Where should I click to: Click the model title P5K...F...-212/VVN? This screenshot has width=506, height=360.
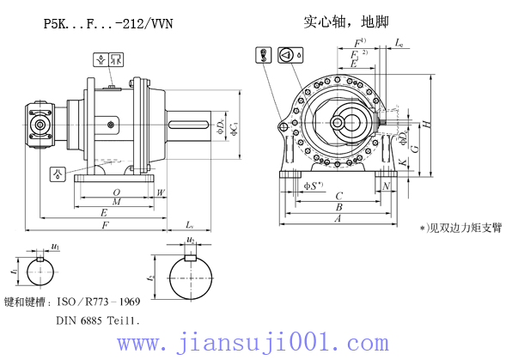click(107, 24)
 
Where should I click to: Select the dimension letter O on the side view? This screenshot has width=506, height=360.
click(116, 192)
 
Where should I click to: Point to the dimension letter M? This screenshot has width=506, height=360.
click(116, 202)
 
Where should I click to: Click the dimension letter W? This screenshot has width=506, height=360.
click(161, 192)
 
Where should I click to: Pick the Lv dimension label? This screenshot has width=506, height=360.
click(189, 224)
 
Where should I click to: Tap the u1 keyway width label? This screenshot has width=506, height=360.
click(55, 247)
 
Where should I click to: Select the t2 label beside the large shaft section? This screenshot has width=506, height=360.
click(151, 279)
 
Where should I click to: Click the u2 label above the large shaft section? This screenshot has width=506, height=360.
click(191, 241)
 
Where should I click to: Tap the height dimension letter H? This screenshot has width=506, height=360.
click(427, 125)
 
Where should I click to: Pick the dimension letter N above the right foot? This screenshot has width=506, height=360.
click(386, 185)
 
